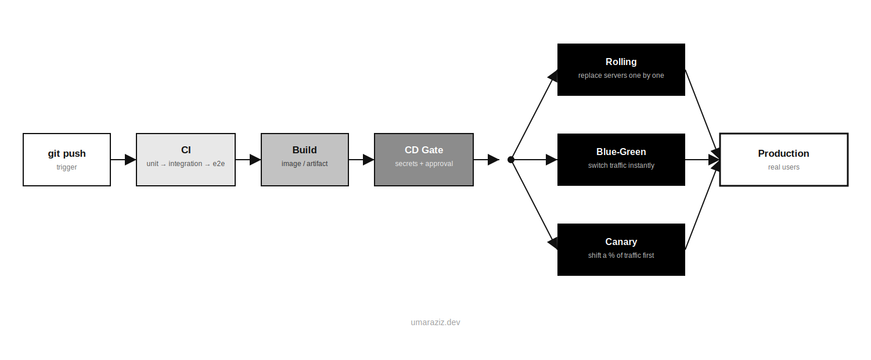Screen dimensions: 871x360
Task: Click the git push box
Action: pos(67,160)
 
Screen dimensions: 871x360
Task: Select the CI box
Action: pos(185,160)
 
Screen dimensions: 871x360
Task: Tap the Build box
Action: pos(304,160)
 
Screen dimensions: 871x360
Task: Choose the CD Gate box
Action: pos(423,160)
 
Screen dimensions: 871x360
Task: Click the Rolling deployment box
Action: pos(621,70)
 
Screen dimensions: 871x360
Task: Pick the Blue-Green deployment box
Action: pos(621,160)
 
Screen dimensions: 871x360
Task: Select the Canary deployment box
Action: pos(621,250)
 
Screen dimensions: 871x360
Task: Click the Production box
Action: pos(783,160)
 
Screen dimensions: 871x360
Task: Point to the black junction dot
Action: pos(511,160)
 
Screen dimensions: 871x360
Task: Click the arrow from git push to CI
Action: pos(123,160)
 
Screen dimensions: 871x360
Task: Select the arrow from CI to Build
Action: pos(248,160)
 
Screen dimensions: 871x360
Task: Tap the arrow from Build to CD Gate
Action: pos(361,160)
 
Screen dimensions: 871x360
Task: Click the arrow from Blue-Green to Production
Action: pos(702,160)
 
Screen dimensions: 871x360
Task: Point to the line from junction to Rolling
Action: pos(534,115)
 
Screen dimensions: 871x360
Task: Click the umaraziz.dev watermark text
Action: pos(435,322)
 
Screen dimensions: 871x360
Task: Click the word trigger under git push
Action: pos(67,167)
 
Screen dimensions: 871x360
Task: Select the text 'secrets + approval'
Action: pos(424,164)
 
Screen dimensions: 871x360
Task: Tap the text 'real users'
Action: pos(783,167)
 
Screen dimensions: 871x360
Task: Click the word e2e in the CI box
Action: pos(218,164)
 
